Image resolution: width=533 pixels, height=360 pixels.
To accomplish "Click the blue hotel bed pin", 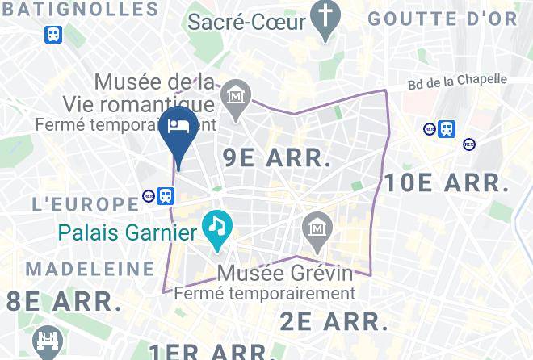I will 178,129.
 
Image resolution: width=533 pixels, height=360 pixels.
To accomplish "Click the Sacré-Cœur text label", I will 247,21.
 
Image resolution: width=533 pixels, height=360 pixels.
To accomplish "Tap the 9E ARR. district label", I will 276,157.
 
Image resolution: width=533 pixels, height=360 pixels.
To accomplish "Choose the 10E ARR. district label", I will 447,182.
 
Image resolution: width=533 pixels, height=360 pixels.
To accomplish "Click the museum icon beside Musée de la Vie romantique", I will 235,96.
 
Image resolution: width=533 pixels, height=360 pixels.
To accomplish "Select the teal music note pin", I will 216,224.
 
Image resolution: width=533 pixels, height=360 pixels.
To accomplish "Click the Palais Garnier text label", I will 128,233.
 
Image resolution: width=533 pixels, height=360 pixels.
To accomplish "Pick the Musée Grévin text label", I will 287,272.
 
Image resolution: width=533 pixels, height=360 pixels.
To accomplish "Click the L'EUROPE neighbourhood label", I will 86,203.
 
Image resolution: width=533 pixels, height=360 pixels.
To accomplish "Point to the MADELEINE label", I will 90,268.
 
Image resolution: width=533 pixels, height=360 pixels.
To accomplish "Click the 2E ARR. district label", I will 333,321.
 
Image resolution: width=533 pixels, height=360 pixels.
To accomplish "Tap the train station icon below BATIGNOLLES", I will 53,35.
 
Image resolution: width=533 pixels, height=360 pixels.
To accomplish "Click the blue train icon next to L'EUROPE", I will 166,196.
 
